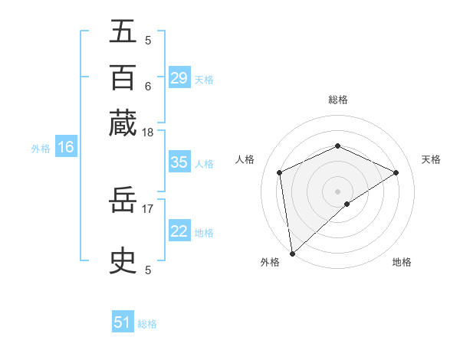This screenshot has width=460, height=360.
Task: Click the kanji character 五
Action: (x=123, y=33)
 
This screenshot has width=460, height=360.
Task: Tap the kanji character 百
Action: (x=123, y=77)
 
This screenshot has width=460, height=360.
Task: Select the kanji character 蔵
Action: (x=123, y=123)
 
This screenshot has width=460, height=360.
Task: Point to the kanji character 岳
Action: (x=123, y=203)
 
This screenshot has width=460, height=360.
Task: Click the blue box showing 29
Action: (x=179, y=78)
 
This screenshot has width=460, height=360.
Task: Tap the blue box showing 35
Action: (x=179, y=162)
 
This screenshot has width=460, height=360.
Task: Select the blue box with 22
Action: (x=179, y=232)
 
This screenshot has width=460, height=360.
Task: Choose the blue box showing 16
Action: (x=66, y=148)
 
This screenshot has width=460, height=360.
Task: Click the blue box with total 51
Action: (x=123, y=322)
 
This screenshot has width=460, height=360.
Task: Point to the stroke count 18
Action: (x=148, y=133)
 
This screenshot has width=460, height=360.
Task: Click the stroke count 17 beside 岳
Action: (x=148, y=208)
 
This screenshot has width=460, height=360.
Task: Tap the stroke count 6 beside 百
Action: (x=148, y=86)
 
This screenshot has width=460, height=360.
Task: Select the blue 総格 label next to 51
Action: (x=147, y=324)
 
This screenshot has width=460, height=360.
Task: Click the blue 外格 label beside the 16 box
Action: (x=41, y=149)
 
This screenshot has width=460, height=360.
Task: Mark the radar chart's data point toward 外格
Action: (x=292, y=254)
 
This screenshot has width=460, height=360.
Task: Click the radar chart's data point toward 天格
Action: (x=396, y=172)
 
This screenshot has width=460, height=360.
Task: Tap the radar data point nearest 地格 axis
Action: (x=347, y=204)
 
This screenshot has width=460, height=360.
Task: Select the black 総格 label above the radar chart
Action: (x=337, y=100)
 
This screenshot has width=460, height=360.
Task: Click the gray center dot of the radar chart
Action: (x=337, y=191)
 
